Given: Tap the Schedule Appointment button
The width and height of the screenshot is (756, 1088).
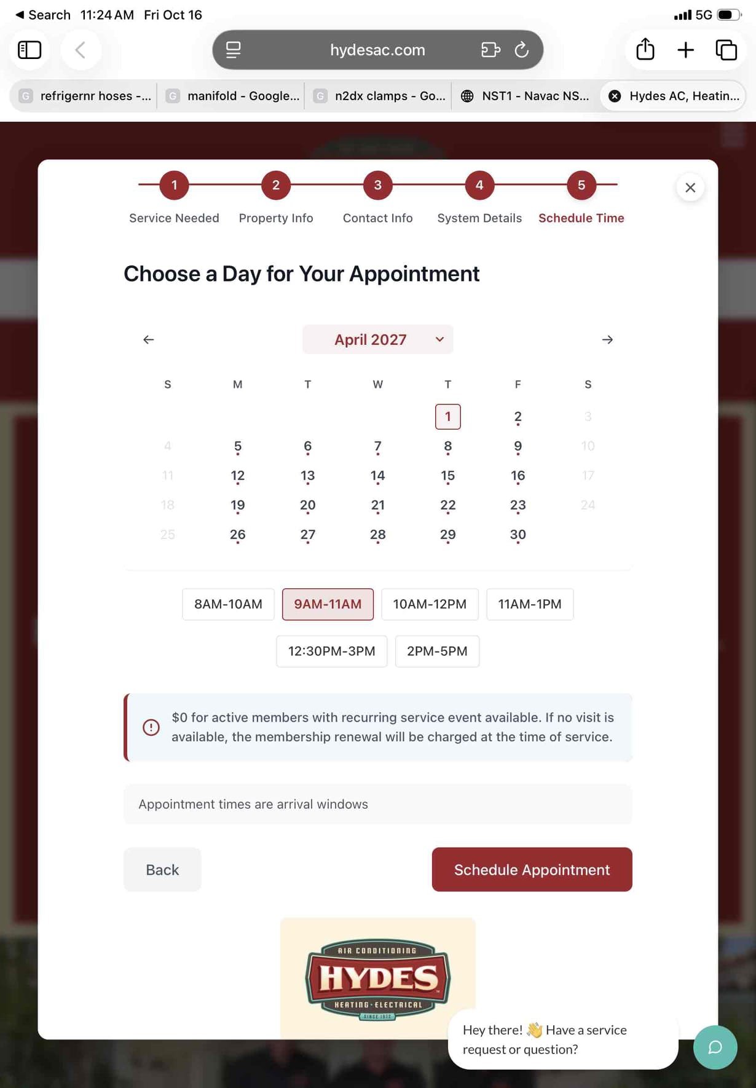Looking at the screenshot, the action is pos(532,869).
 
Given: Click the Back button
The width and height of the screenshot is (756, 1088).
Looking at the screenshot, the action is pos(162,869).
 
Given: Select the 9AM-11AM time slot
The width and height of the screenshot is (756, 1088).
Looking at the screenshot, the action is pos(328,604).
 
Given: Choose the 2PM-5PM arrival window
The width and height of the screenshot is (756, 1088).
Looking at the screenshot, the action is pos(437,651).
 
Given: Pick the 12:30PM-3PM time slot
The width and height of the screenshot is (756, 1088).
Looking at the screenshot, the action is pos(331,651).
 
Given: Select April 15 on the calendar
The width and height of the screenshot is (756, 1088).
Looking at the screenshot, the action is pos(448,476).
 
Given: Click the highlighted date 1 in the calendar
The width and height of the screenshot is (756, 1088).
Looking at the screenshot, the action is pos(448,417).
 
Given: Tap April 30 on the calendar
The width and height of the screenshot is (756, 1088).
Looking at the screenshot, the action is pos(518,535).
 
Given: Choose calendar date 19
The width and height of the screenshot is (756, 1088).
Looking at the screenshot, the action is pos(238,505).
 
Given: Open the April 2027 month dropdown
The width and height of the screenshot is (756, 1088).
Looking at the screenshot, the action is pos(377,339).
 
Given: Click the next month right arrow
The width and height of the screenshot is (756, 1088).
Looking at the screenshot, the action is pos(607,339).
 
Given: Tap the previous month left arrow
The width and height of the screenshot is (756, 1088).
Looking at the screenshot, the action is pos(149,339).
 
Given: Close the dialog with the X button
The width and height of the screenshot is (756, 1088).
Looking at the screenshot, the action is pos(690,187).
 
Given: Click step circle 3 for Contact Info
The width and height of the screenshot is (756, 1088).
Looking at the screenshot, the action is pos(378,185).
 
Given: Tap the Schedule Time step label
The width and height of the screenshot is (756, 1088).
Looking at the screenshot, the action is pos(581,218).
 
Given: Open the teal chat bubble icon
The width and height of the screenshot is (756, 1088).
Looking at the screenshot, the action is pos(715,1047).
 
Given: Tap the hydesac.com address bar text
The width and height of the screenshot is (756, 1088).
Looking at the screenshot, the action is pos(377,50).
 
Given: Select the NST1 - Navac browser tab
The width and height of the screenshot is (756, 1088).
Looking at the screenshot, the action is pos(526,96).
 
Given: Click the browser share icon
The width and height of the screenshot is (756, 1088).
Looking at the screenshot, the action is pos(645,49).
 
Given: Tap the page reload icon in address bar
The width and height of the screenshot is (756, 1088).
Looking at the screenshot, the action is pos(522,50).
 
